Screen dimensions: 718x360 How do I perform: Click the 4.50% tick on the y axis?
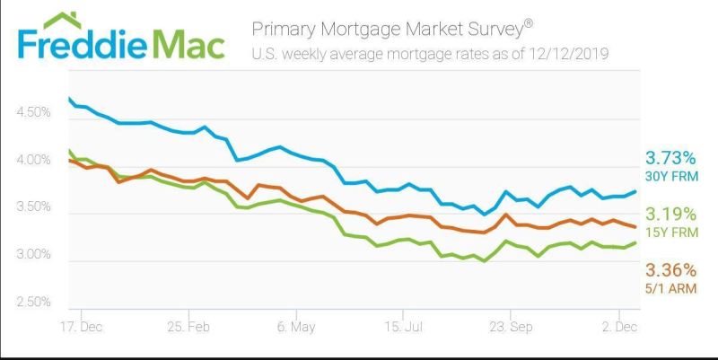click(x=33, y=112)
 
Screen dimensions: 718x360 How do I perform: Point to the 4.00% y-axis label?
click(x=33, y=160)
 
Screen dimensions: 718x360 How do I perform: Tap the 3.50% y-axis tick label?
click(x=33, y=206)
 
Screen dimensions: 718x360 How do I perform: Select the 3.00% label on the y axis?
click(x=33, y=254)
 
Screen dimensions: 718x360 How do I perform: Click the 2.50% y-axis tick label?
click(x=33, y=302)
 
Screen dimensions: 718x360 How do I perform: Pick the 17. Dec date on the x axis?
click(x=82, y=327)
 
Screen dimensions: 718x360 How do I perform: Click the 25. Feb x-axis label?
click(x=188, y=327)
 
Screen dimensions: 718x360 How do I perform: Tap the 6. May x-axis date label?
click(x=296, y=327)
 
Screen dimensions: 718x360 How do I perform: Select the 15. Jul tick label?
click(x=403, y=327)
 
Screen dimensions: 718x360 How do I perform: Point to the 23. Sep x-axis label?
click(x=511, y=327)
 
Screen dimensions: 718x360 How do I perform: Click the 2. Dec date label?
click(x=619, y=327)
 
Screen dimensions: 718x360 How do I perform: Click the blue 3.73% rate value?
click(x=670, y=159)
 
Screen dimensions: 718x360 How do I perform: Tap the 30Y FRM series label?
click(x=671, y=176)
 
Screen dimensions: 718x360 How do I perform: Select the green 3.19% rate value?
click(x=670, y=214)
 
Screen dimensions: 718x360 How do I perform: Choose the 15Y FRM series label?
click(x=671, y=233)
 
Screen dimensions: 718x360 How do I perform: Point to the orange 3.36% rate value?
click(x=670, y=270)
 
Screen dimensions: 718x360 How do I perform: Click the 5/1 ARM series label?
click(x=670, y=288)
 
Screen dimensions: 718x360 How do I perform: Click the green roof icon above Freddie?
click(x=63, y=20)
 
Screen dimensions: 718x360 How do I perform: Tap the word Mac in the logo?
click(x=188, y=43)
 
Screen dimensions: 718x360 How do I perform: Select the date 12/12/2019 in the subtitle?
click(x=569, y=54)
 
